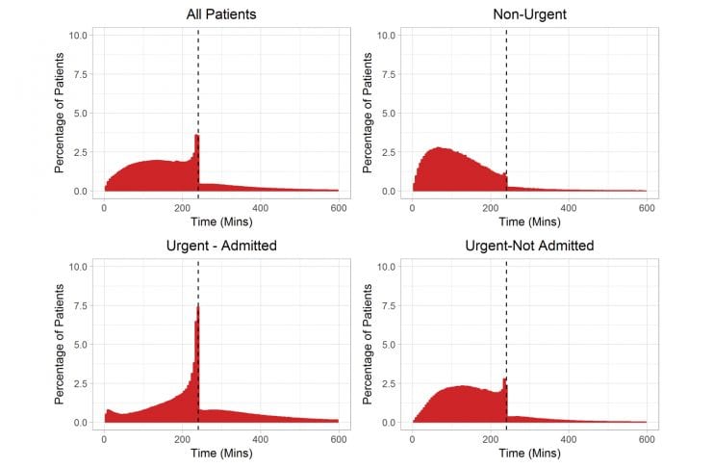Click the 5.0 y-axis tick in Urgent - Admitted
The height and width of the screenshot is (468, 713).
coord(81,345)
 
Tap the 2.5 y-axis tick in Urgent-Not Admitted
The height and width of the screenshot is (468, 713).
coord(389,383)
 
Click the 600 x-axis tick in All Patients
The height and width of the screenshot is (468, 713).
coord(339,208)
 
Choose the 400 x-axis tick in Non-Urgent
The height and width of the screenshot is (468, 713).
coord(569,208)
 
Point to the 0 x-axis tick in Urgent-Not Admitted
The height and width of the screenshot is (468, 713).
coord(412,439)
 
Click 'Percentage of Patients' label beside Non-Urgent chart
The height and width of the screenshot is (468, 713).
coord(369,114)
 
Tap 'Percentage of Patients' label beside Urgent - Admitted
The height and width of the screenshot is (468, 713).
coord(60,345)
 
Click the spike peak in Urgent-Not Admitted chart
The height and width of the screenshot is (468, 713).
coord(504,379)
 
